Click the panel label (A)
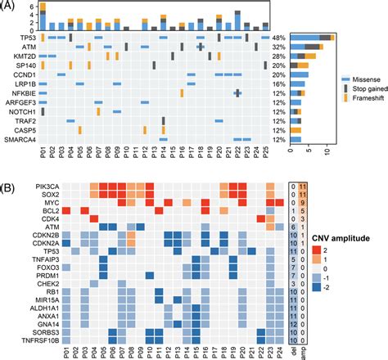(7, 6)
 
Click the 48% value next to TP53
(278, 38)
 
